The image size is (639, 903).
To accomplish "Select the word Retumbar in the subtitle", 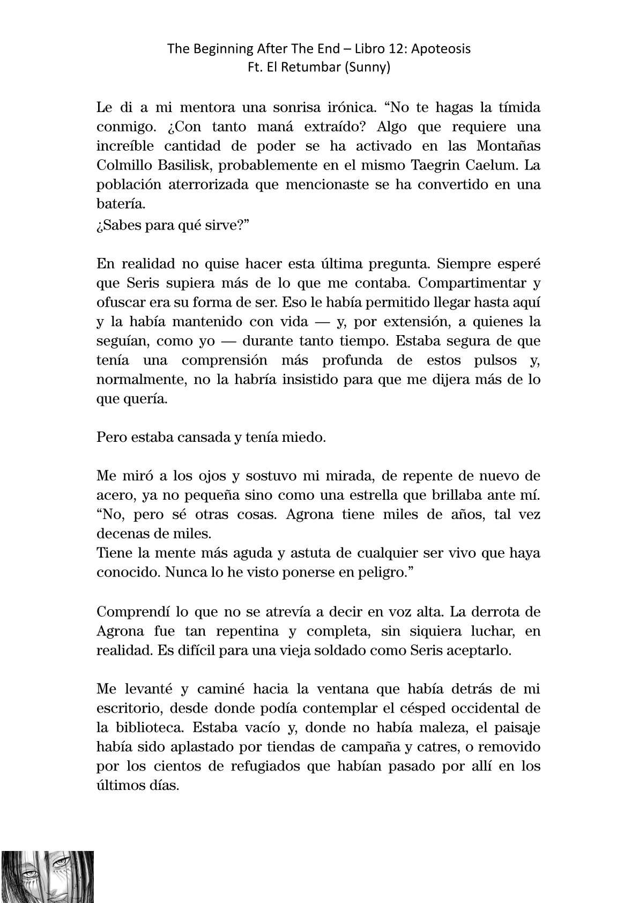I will click(x=313, y=68).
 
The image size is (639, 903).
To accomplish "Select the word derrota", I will click(x=489, y=611).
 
